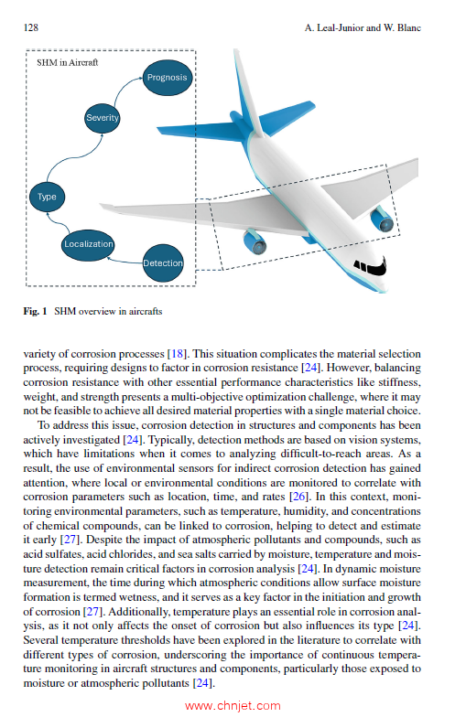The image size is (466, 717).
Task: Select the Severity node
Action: (102, 119)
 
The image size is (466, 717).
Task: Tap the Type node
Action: (48, 196)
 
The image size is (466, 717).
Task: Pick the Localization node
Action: (89, 244)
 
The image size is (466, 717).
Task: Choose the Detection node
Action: (162, 263)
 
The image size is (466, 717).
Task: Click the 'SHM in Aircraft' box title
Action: (68, 63)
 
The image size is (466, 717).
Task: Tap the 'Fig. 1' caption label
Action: (36, 312)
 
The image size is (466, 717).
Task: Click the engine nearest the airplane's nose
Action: (382, 219)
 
